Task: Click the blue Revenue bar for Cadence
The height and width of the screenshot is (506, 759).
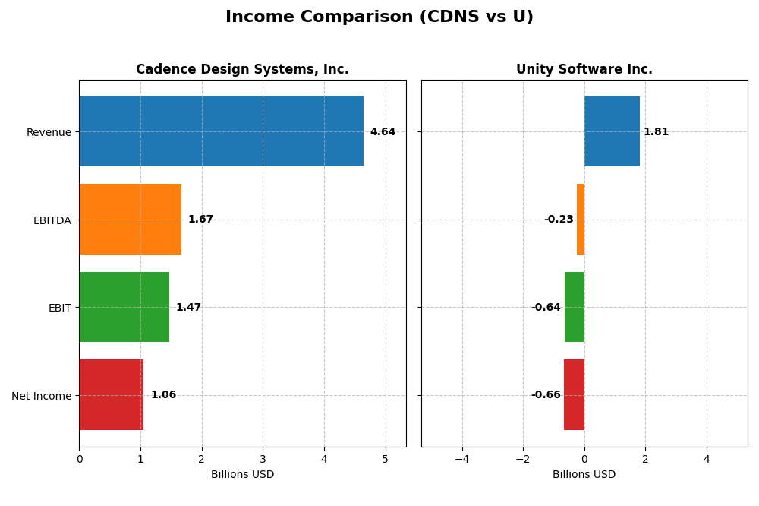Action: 221,131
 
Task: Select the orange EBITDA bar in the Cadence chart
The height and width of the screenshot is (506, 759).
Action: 130,219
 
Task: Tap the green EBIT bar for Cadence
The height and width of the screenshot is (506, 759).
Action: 124,307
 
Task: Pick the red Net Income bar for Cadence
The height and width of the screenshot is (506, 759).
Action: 111,394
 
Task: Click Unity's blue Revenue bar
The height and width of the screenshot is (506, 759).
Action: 612,131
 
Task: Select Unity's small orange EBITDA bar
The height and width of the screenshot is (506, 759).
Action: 581,219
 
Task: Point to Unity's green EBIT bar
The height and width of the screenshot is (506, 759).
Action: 575,307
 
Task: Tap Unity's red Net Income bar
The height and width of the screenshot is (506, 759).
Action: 574,394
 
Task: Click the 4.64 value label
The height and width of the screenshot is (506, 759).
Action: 383,132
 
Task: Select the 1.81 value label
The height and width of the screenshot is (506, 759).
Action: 656,132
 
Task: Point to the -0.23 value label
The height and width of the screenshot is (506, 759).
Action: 559,220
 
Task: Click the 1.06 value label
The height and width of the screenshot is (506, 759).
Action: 163,395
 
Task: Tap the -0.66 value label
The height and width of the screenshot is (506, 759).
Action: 546,395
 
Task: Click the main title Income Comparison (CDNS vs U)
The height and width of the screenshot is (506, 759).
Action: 379,17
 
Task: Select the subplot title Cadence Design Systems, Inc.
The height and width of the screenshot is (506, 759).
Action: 242,70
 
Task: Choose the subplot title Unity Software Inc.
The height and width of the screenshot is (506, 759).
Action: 584,70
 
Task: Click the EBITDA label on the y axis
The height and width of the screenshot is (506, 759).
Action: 52,220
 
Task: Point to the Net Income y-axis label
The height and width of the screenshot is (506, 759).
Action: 41,396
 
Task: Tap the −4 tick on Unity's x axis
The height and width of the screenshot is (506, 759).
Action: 461,459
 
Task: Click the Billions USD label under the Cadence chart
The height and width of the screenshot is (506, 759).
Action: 242,475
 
